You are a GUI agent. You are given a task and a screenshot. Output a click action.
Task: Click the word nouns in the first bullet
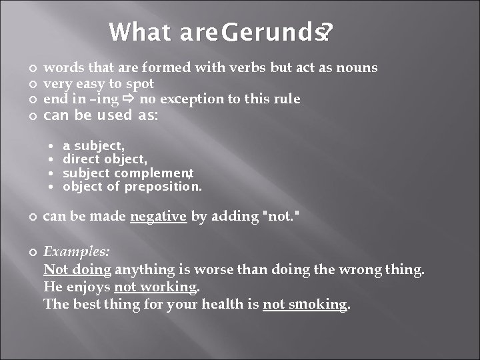357,67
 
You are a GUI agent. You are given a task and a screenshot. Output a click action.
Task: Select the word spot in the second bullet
141,83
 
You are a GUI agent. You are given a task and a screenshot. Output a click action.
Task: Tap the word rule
285,99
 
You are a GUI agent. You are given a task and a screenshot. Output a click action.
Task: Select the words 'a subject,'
93,145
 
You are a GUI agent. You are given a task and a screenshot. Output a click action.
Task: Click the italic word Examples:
77,253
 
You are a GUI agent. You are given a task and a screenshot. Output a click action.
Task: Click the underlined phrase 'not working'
156,287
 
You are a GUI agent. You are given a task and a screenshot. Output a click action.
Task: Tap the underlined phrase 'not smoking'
305,305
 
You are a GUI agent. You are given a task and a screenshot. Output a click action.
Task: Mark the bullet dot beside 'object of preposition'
52,187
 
